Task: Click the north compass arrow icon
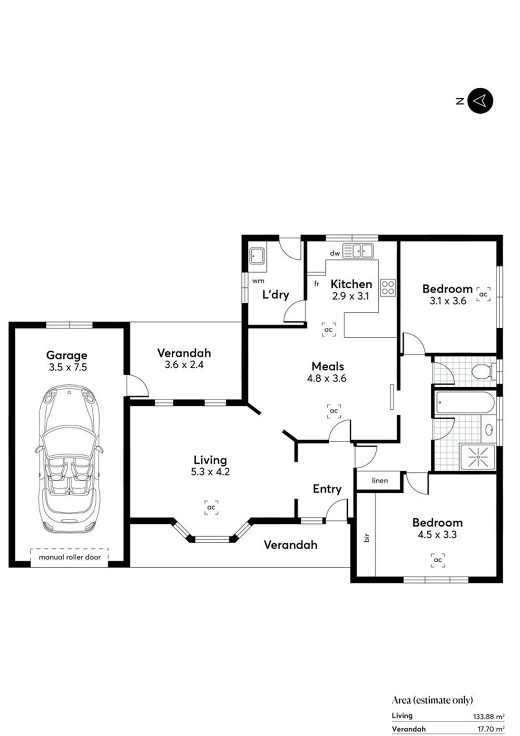pyautogui.click(x=480, y=101)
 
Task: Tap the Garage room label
pyautogui.click(x=67, y=355)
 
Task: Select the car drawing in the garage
pyautogui.click(x=70, y=459)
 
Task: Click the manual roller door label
pyautogui.click(x=70, y=557)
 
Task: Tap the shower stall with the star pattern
pyautogui.click(x=478, y=457)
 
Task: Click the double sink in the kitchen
pyautogui.click(x=358, y=251)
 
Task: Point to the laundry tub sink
pyautogui.click(x=257, y=256)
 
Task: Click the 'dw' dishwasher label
pyautogui.click(x=335, y=253)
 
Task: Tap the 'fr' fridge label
pyautogui.click(x=317, y=284)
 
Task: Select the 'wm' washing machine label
pyautogui.click(x=258, y=281)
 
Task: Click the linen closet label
pyautogui.click(x=380, y=480)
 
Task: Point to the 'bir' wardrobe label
pyautogui.click(x=367, y=538)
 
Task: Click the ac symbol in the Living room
pyautogui.click(x=211, y=507)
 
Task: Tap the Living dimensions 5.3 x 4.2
pyautogui.click(x=210, y=472)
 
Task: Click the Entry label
pyautogui.click(x=327, y=489)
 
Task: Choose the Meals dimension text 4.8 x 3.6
pyautogui.click(x=327, y=378)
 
